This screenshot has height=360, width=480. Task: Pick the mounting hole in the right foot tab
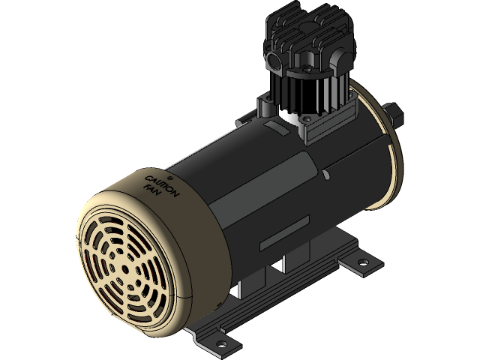pyautogui.click(x=364, y=262)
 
